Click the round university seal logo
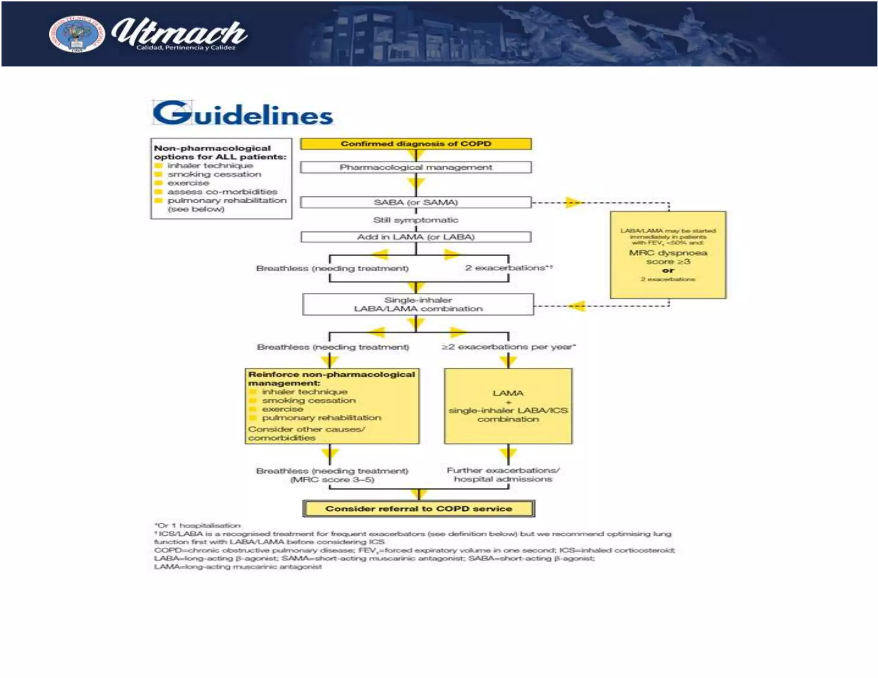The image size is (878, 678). click(76, 34)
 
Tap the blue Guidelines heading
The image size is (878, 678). click(243, 114)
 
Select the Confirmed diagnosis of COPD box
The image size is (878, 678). click(415, 144)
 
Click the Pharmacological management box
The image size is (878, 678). click(415, 167)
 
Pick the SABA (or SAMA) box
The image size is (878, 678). click(415, 202)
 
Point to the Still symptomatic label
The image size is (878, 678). click(415, 220)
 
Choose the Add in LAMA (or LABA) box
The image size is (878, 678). click(415, 237)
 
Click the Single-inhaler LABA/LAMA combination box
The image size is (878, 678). click(418, 304)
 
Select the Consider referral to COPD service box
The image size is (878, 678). click(418, 509)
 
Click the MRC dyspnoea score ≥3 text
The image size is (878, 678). click(668, 257)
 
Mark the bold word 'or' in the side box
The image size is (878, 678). click(668, 270)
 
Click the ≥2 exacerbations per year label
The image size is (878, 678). click(508, 347)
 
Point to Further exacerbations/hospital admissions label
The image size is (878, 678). click(503, 474)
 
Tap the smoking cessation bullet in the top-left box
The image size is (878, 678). click(214, 174)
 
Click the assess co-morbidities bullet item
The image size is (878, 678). click(222, 192)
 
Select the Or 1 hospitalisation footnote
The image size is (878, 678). click(198, 525)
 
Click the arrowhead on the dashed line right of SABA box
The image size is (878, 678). click(574, 202)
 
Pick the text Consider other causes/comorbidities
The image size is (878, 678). click(306, 433)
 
